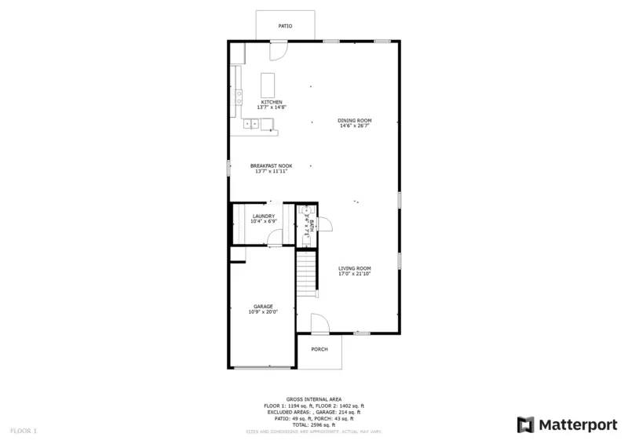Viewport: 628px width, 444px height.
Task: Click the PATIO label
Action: pyautogui.click(x=286, y=27)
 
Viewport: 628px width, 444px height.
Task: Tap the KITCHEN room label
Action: pyautogui.click(x=272, y=102)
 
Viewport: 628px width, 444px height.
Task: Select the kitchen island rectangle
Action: pyautogui.click(x=269, y=83)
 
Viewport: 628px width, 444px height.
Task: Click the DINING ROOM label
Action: pyautogui.click(x=355, y=121)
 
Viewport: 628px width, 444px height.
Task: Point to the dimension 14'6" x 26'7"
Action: pyautogui.click(x=355, y=126)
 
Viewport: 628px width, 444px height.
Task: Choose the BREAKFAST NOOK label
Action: pyautogui.click(x=271, y=166)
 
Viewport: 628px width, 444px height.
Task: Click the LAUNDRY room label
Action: pyautogui.click(x=263, y=216)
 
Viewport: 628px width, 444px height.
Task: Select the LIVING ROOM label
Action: pyautogui.click(x=354, y=268)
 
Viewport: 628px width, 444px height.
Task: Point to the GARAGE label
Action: pyautogui.click(x=263, y=306)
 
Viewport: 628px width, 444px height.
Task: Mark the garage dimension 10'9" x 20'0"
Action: pyautogui.click(x=263, y=311)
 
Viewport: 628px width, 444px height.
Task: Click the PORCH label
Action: pyautogui.click(x=319, y=349)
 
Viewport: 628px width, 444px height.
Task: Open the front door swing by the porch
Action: pyautogui.click(x=319, y=323)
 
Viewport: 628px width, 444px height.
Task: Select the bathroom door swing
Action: pyautogui.click(x=325, y=225)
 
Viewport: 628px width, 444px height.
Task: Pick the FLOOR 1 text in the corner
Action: pyautogui.click(x=23, y=431)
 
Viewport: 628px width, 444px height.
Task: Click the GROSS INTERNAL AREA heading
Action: pyautogui.click(x=313, y=399)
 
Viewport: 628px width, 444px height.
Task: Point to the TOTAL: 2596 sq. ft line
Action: pyautogui.click(x=313, y=424)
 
